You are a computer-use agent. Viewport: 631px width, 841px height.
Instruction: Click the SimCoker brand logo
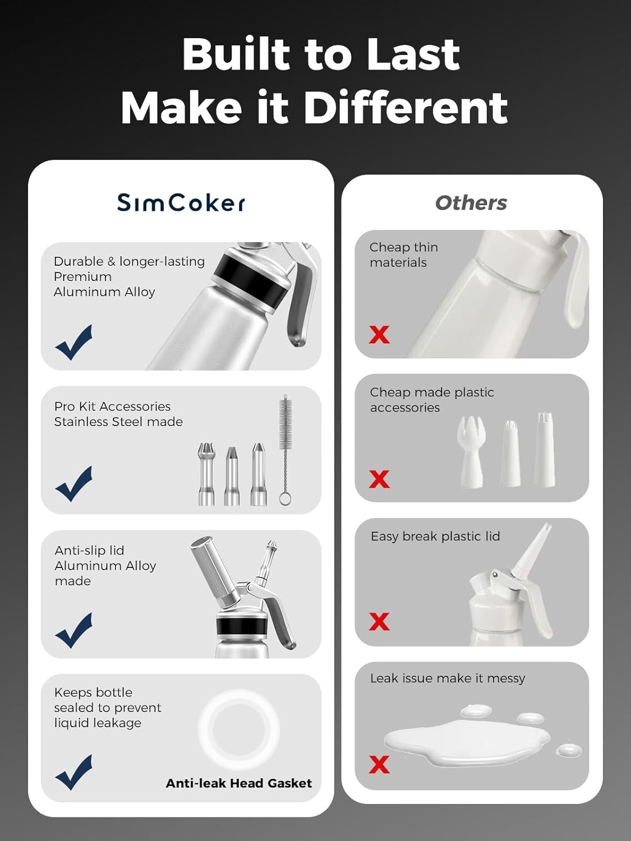[x=181, y=202]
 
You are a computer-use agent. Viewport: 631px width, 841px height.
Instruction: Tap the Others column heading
[x=471, y=203]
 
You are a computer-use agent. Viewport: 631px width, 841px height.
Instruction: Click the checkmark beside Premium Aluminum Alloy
[x=74, y=342]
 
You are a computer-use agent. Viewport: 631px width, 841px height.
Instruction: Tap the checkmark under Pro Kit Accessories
[x=74, y=483]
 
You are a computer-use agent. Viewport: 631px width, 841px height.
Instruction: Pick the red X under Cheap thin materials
[x=379, y=335]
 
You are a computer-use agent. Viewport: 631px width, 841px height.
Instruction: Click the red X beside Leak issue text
[x=379, y=764]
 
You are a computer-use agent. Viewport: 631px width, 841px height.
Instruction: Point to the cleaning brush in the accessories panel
[x=285, y=449]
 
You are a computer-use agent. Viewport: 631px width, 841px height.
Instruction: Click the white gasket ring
[x=239, y=729]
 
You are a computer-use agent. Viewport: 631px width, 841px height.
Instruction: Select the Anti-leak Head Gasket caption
[x=238, y=783]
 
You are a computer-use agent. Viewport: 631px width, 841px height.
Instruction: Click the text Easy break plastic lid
[x=435, y=537]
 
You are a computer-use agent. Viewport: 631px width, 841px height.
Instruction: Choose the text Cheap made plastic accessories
[x=432, y=400]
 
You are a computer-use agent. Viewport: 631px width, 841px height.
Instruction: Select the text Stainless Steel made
[x=118, y=422]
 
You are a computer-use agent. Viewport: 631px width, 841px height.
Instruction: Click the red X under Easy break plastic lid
[x=379, y=621]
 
